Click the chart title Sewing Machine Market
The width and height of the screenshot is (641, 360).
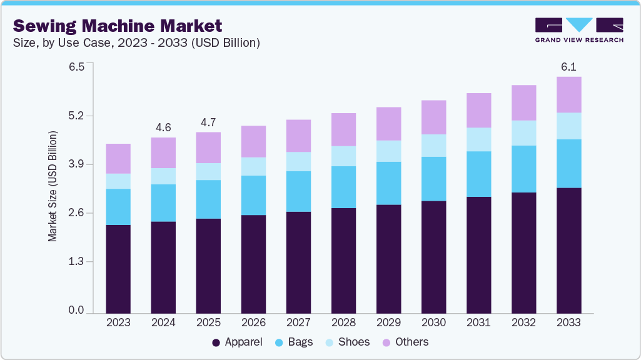pyautogui.click(x=118, y=26)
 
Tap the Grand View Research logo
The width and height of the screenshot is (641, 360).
pyautogui.click(x=579, y=29)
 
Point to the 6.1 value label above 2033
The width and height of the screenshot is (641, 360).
pyautogui.click(x=568, y=66)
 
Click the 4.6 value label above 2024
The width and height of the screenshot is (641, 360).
pyautogui.click(x=163, y=127)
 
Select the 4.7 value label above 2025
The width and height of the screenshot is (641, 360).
pyautogui.click(x=208, y=122)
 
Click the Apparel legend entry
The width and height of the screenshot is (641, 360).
pyautogui.click(x=237, y=342)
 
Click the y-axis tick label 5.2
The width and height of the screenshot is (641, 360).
pyautogui.click(x=76, y=116)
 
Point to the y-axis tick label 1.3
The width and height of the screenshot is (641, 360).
pyautogui.click(x=76, y=262)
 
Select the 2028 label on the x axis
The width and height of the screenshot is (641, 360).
pyautogui.click(x=343, y=323)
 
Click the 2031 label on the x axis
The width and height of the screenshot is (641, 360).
pyautogui.click(x=478, y=323)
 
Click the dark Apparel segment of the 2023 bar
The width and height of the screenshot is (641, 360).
pyautogui.click(x=118, y=269)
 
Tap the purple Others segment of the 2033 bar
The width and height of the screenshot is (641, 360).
pyautogui.click(x=568, y=94)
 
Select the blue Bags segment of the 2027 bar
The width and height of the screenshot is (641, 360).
pyautogui.click(x=298, y=191)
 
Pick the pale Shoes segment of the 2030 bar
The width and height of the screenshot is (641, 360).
pyautogui.click(x=433, y=146)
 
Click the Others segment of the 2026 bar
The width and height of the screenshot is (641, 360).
pyautogui.click(x=253, y=141)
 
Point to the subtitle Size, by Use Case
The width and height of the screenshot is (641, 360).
pyautogui.click(x=136, y=43)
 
